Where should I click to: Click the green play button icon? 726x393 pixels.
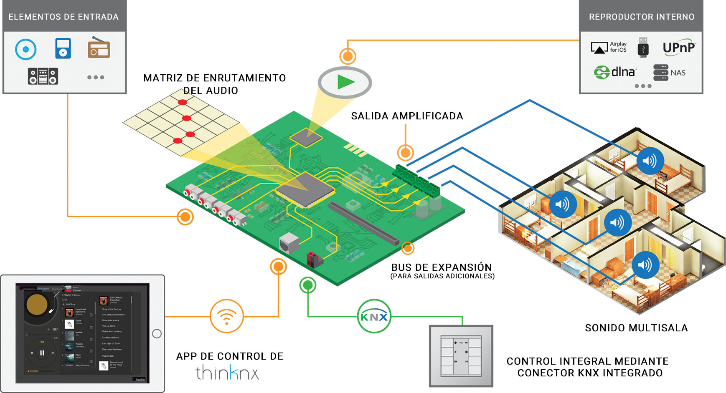[345, 82]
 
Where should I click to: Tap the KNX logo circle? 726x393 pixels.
[374, 317]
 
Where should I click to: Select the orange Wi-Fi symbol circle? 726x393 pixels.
[226, 316]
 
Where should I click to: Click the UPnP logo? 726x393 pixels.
[679, 48]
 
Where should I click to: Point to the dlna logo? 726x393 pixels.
[615, 72]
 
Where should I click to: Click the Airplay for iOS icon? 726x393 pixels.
[609, 48]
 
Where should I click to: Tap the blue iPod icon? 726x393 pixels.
[63, 48]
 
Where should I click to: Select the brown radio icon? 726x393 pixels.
[99, 48]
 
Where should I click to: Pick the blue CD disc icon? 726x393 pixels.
[26, 49]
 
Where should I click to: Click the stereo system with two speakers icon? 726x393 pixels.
[43, 76]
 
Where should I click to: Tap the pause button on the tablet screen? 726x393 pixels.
[42, 353]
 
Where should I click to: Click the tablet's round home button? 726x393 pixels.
[157, 333]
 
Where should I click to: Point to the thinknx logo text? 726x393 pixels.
[227, 373]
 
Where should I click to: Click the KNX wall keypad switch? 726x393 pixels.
[461, 356]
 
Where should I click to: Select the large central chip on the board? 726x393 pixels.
[305, 189]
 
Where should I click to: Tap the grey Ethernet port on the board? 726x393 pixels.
[289, 243]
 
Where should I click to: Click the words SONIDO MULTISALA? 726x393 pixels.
[636, 328]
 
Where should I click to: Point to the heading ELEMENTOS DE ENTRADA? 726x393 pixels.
[63, 17]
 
